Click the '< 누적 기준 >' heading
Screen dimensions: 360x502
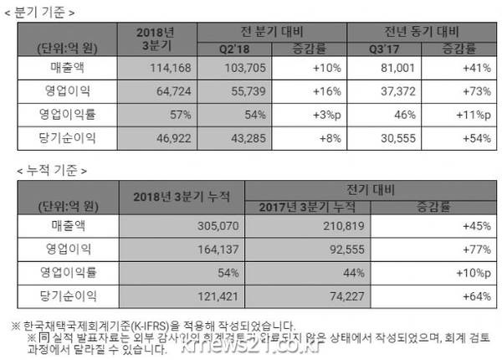[x=53, y=171]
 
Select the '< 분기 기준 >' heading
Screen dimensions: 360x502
[x=53, y=12]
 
